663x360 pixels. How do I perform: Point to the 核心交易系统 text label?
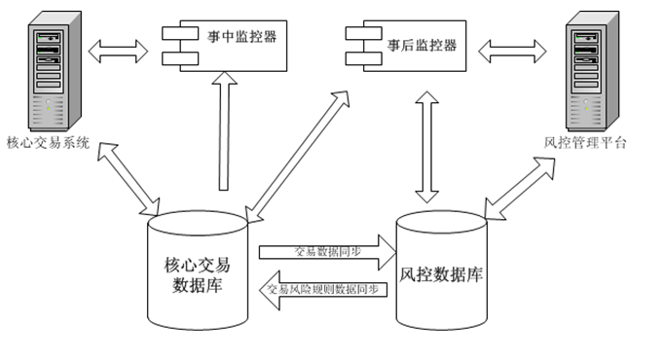[48, 142]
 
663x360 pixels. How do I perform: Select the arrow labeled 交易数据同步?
[326, 251]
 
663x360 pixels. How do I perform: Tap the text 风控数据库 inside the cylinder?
[443, 272]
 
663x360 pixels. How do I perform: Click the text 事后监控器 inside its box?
[422, 46]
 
